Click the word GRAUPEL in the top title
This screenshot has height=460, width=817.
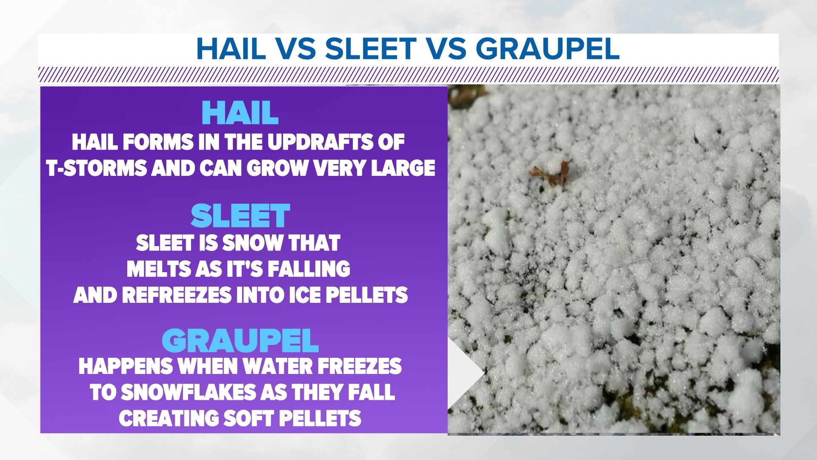pyautogui.click(x=547, y=49)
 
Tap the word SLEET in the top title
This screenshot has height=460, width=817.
pyautogui.click(x=371, y=49)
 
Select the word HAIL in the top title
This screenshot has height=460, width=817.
pyautogui.click(x=231, y=49)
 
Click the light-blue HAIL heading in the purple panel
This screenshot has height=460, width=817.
pyautogui.click(x=240, y=113)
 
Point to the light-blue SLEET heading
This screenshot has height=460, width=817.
pyautogui.click(x=240, y=216)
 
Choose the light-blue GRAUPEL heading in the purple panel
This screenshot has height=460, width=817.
pyautogui.click(x=240, y=341)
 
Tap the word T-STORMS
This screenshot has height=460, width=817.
pyautogui.click(x=97, y=168)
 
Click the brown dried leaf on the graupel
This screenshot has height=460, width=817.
pyautogui.click(x=550, y=172)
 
